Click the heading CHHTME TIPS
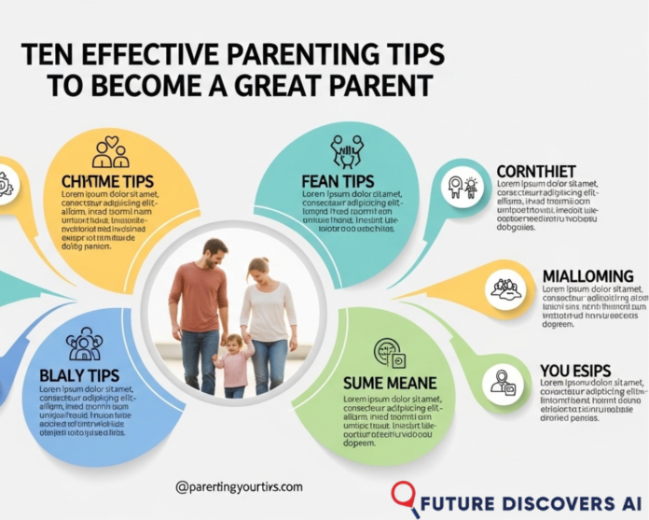(108, 179)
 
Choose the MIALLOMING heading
(587, 276)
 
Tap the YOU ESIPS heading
(574, 372)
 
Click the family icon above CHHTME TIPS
(109, 151)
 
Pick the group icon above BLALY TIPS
(84, 344)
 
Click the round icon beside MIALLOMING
(504, 289)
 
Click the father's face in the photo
(215, 253)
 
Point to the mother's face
(258, 272)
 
